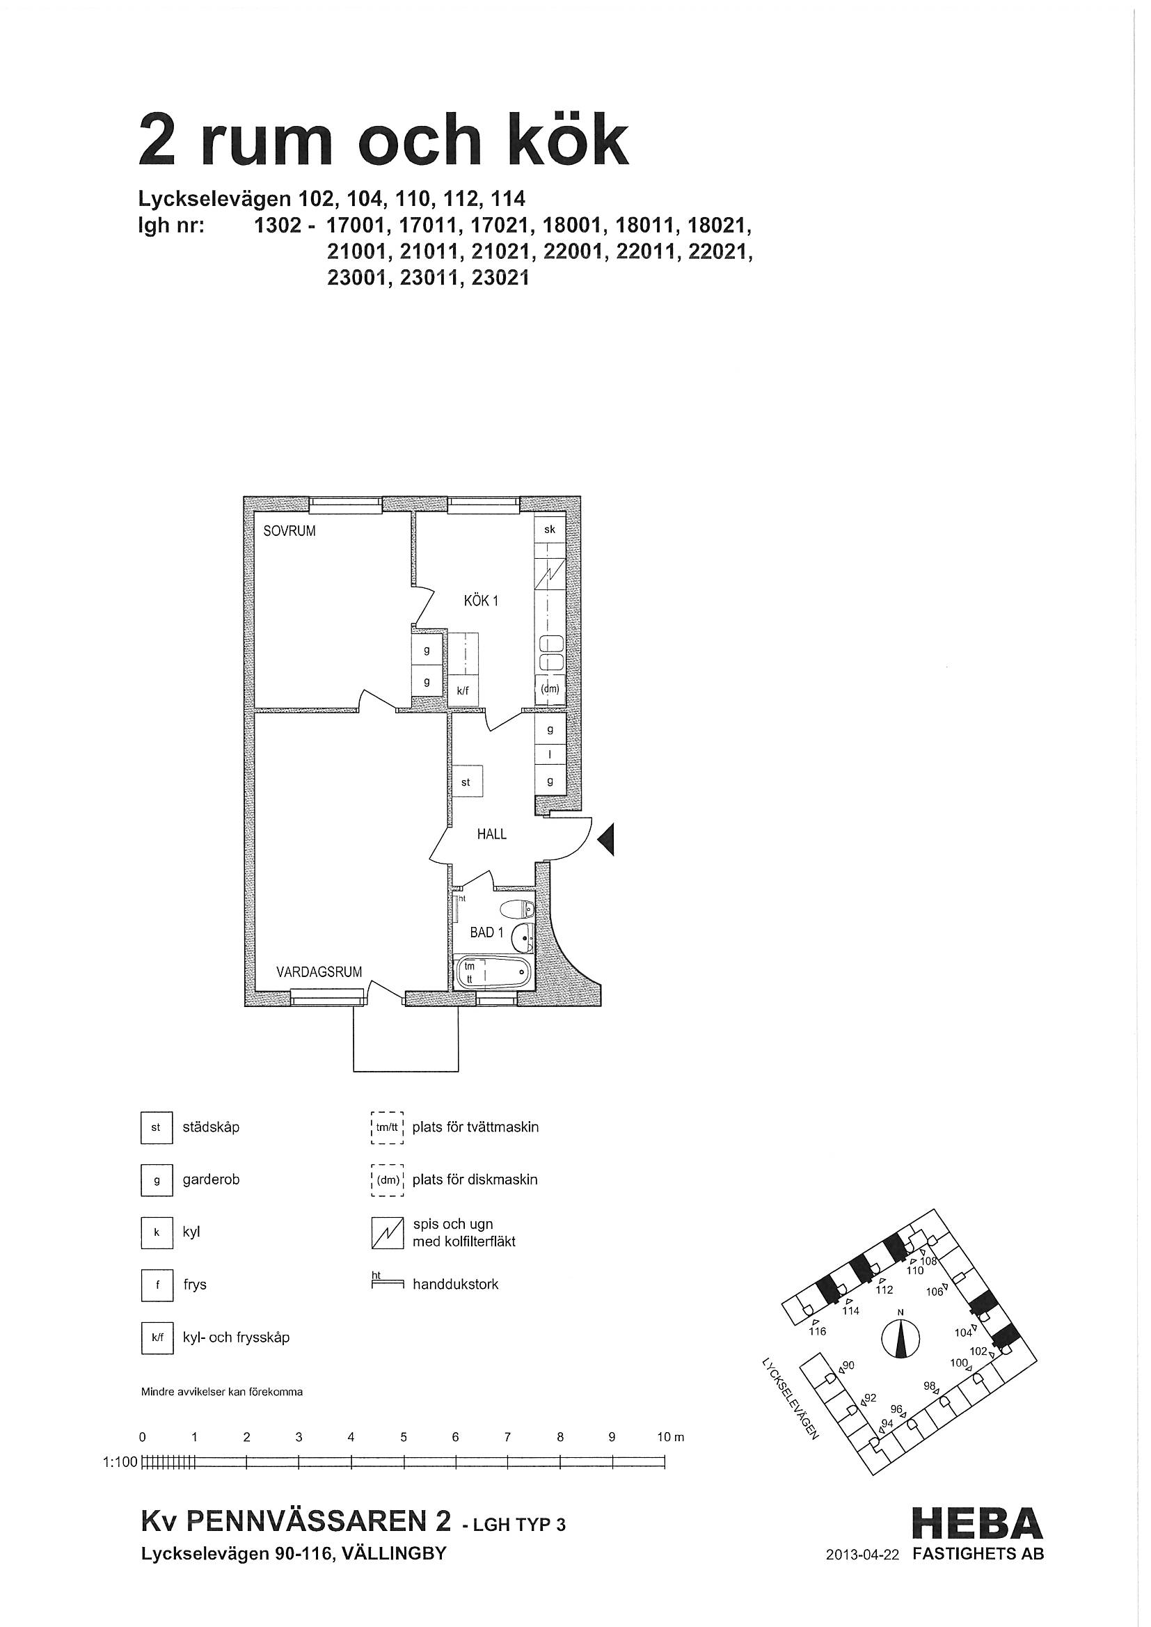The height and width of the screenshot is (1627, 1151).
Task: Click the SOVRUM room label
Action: (x=289, y=531)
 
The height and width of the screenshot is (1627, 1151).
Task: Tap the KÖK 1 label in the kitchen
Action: (x=481, y=601)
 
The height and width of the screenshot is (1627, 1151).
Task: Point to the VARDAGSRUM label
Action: (x=319, y=972)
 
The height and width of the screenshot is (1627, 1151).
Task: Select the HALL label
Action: (x=492, y=834)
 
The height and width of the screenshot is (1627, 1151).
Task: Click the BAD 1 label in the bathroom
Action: (x=487, y=932)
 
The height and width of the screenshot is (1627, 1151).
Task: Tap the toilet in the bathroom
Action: (x=516, y=908)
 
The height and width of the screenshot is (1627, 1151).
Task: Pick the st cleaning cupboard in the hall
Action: (x=466, y=782)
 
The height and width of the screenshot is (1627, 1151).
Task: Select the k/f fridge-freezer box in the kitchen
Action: (x=463, y=691)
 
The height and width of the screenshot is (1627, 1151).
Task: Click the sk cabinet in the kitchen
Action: (x=549, y=530)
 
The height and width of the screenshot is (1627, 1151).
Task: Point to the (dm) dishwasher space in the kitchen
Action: (x=549, y=688)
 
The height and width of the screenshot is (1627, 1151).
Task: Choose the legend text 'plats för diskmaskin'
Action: (x=475, y=1180)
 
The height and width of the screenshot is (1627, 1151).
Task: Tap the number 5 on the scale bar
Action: (x=404, y=1437)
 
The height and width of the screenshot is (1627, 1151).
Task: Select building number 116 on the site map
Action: (x=817, y=1331)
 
